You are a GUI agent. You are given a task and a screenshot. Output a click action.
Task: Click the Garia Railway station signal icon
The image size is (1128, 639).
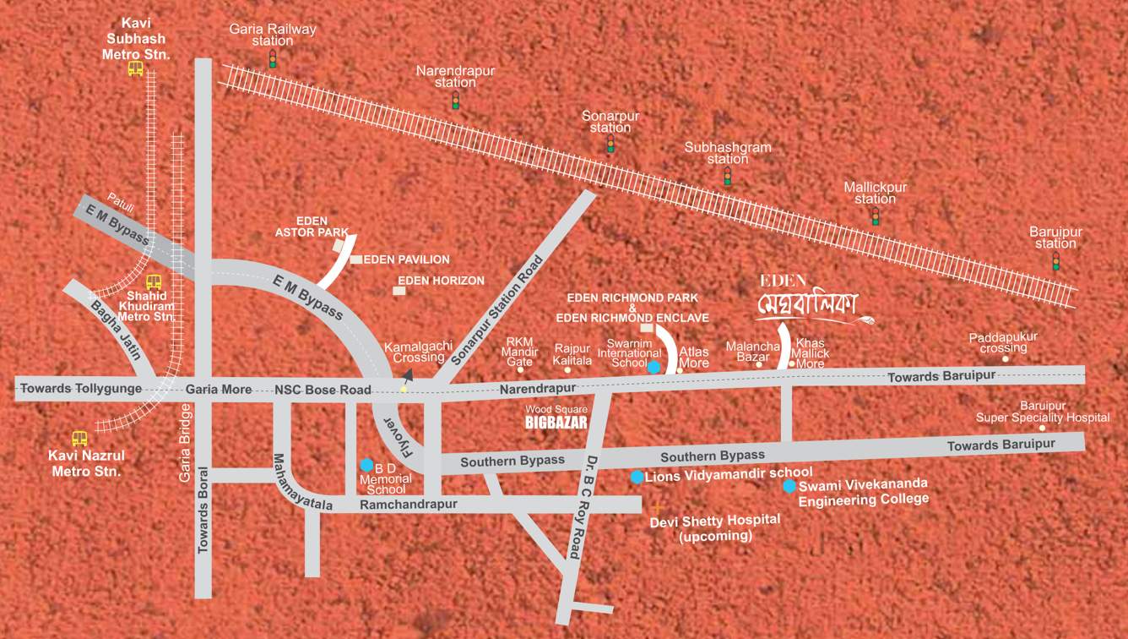point(273,59)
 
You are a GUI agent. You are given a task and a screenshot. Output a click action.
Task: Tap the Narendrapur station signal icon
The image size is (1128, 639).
point(456,101)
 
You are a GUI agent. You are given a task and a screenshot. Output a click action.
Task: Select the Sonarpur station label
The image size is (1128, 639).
point(610,122)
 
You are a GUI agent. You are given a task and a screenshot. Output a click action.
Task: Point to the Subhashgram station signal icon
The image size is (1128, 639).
point(727,176)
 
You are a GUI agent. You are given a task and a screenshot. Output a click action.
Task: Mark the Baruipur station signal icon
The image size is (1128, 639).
point(1055,261)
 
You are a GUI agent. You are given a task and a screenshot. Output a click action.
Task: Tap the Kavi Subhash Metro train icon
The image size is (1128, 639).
point(136,69)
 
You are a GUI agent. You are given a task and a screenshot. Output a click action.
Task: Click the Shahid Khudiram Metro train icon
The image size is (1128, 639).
point(154,282)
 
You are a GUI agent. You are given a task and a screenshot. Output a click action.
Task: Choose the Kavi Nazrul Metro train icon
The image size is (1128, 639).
point(79,439)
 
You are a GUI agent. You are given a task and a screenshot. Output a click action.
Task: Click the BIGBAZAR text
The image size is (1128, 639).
point(556,423)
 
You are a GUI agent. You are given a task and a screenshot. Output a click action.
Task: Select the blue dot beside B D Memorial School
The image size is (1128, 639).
point(366,465)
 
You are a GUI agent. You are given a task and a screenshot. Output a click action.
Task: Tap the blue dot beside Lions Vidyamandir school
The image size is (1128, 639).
point(637,477)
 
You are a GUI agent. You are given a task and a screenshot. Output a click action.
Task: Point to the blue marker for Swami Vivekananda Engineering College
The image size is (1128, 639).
point(789,486)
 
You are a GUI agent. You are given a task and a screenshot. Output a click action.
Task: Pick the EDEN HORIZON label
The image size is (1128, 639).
point(441,281)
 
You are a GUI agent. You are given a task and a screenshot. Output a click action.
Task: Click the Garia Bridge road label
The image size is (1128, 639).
point(186,443)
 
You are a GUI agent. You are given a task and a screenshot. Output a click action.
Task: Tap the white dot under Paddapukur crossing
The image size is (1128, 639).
point(1005,359)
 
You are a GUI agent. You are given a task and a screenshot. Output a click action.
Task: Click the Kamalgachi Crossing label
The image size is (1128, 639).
point(414,352)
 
